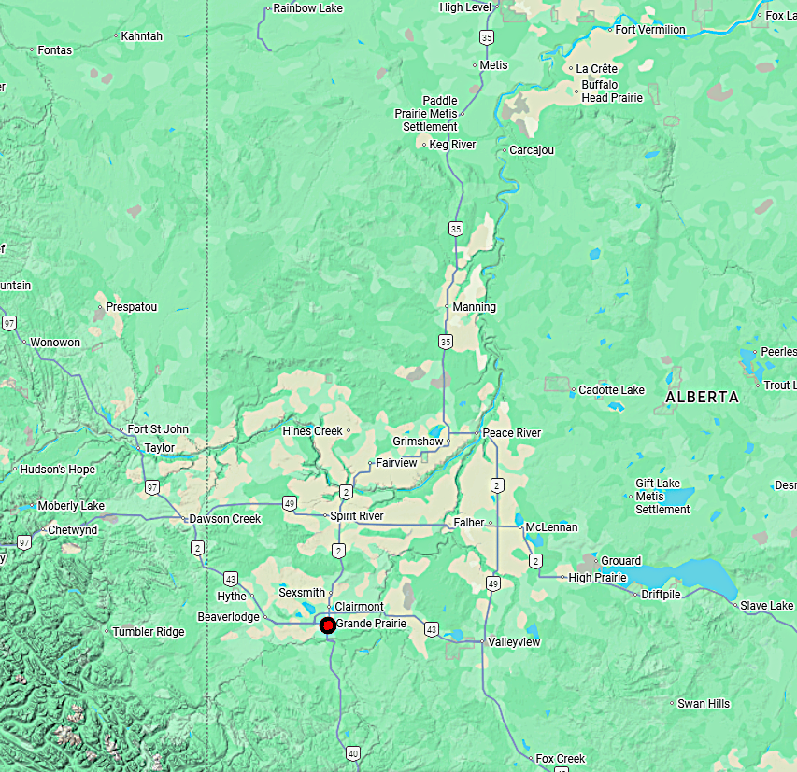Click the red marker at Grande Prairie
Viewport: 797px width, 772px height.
[x=327, y=625]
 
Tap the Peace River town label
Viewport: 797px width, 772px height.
[x=511, y=433]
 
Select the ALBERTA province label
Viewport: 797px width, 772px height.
[x=702, y=398]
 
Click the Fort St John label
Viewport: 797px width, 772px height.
[x=158, y=429]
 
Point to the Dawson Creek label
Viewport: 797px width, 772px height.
[x=225, y=519]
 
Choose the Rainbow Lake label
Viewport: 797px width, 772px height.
[x=307, y=8]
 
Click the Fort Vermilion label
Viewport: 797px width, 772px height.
[x=650, y=30]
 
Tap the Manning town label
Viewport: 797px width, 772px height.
[x=475, y=307]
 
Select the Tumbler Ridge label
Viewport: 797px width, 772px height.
[x=149, y=632]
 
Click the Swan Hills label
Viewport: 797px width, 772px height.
[x=704, y=703]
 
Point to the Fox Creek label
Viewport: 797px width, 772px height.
[x=561, y=759]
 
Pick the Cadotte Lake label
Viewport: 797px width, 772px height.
[x=611, y=390]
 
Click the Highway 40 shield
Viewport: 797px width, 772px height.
[x=352, y=752]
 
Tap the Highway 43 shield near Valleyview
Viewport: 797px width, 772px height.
[x=431, y=630]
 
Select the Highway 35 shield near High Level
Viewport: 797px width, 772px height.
[x=486, y=37]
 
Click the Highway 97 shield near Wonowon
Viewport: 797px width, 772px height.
[x=9, y=323]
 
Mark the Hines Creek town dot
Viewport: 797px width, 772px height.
[x=348, y=431]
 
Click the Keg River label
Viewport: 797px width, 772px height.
[x=452, y=145]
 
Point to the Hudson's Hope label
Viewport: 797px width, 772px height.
[x=57, y=470]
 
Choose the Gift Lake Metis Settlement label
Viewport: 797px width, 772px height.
[x=662, y=497]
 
